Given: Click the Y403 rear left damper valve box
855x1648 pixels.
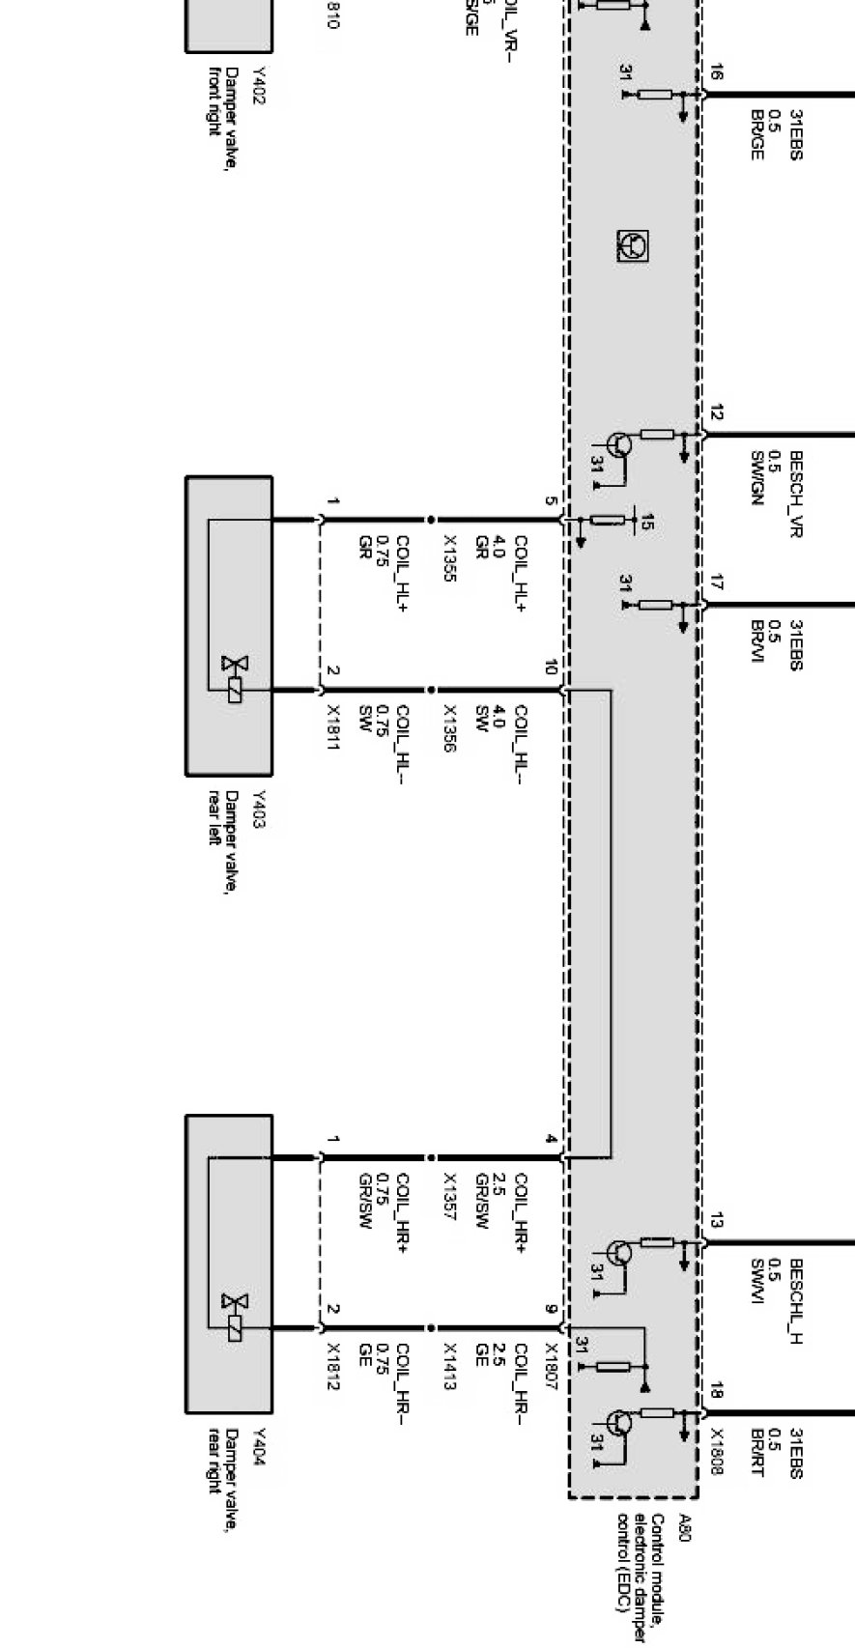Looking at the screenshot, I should coord(228,625).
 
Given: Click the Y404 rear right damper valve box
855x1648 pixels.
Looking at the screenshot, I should coord(228,1264).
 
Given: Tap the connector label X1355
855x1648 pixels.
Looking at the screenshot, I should coord(449,557).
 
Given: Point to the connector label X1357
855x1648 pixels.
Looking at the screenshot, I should coord(449,1196).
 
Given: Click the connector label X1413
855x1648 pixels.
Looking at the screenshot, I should coord(449,1366).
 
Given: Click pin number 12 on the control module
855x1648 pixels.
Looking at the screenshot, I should coord(715,413).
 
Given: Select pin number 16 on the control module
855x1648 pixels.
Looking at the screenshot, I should coord(715,72).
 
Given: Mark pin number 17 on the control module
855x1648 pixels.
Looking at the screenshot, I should coord(715,583).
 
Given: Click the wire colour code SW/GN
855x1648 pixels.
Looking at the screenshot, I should coord(756,477).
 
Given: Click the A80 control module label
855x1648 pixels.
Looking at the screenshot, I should coord(686,1528).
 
